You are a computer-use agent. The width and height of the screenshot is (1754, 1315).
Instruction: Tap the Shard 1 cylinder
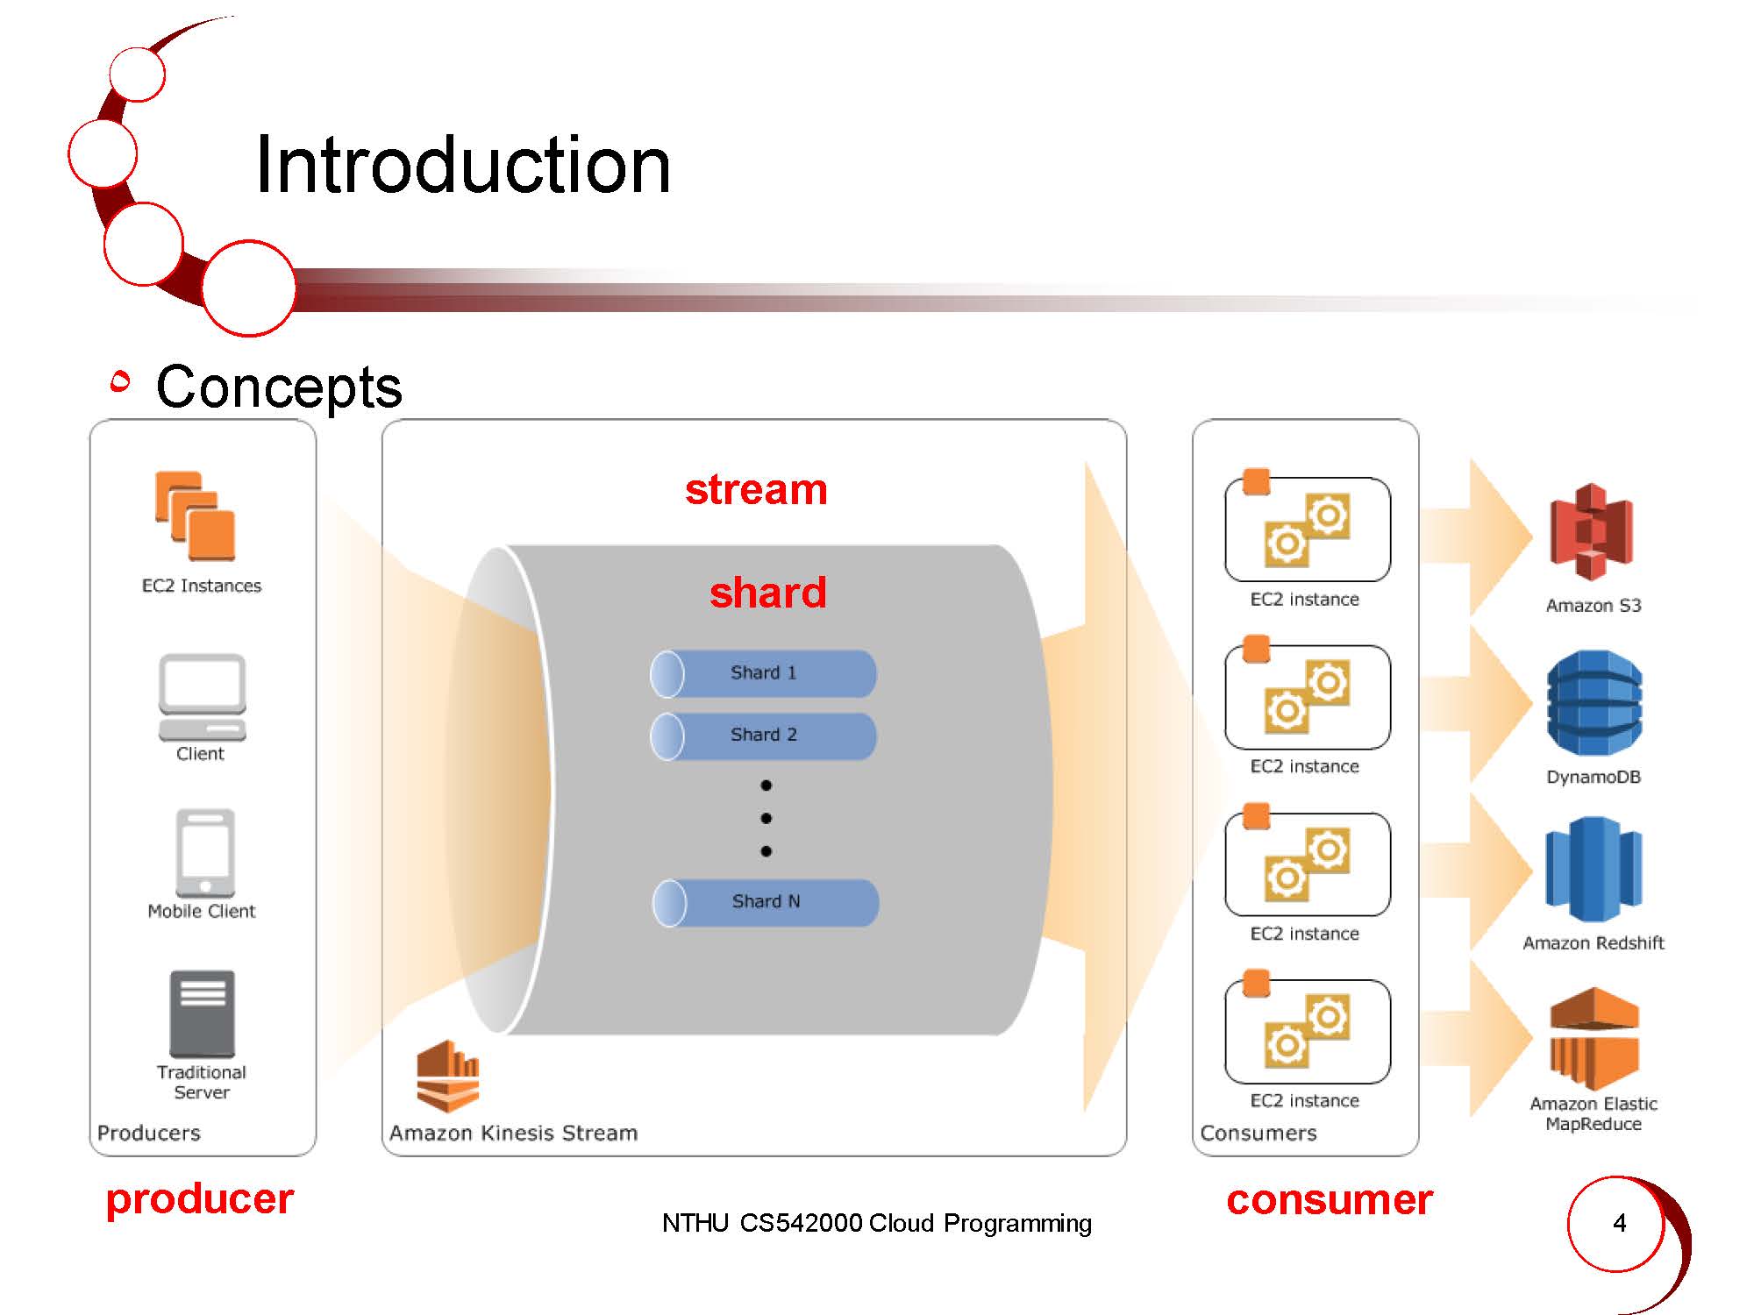[x=763, y=673]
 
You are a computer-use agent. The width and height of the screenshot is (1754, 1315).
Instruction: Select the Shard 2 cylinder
[x=763, y=736]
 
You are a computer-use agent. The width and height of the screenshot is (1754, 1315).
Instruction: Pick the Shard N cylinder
[x=766, y=903]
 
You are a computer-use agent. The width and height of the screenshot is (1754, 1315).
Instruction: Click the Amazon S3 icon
[x=1591, y=532]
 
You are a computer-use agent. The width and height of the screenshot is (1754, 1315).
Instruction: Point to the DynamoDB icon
[x=1594, y=702]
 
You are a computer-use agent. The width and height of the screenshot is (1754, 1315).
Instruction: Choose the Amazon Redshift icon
[x=1593, y=869]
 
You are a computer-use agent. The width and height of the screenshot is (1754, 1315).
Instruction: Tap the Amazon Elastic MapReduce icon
[x=1594, y=1039]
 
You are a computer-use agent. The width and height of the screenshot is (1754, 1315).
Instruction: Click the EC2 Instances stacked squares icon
[x=196, y=516]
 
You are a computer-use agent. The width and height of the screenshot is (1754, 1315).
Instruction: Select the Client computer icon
[x=202, y=697]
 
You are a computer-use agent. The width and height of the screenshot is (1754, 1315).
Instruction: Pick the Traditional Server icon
[x=202, y=1013]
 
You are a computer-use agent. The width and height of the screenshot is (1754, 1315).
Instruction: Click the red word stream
[x=756, y=489]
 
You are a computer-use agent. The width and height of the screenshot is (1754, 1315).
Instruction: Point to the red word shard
[x=768, y=592]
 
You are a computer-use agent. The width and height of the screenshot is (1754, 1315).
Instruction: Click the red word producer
[x=200, y=1199]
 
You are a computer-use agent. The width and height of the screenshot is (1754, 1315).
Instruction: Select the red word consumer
[x=1330, y=1199]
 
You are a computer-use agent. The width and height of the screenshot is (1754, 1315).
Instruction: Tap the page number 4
[x=1619, y=1223]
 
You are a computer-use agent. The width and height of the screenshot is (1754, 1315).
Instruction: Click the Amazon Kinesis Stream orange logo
[x=448, y=1076]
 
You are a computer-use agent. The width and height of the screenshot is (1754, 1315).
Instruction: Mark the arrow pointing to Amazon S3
[x=1476, y=536]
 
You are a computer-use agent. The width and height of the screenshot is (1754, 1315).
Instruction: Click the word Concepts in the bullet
[x=279, y=387]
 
